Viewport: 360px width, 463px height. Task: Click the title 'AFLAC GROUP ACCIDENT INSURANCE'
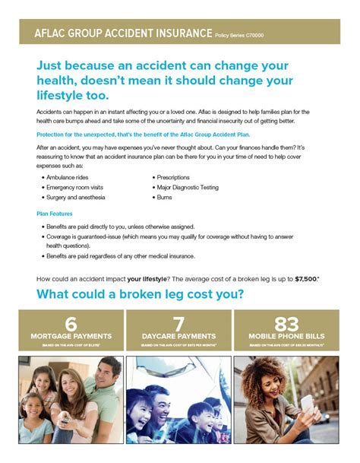[122, 33]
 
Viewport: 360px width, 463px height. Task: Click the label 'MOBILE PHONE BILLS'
[288, 335]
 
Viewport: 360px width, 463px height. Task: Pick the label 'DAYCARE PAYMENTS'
[179, 335]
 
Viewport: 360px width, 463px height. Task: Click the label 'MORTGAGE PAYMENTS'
[71, 335]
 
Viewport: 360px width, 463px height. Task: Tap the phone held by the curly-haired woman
[305, 401]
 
